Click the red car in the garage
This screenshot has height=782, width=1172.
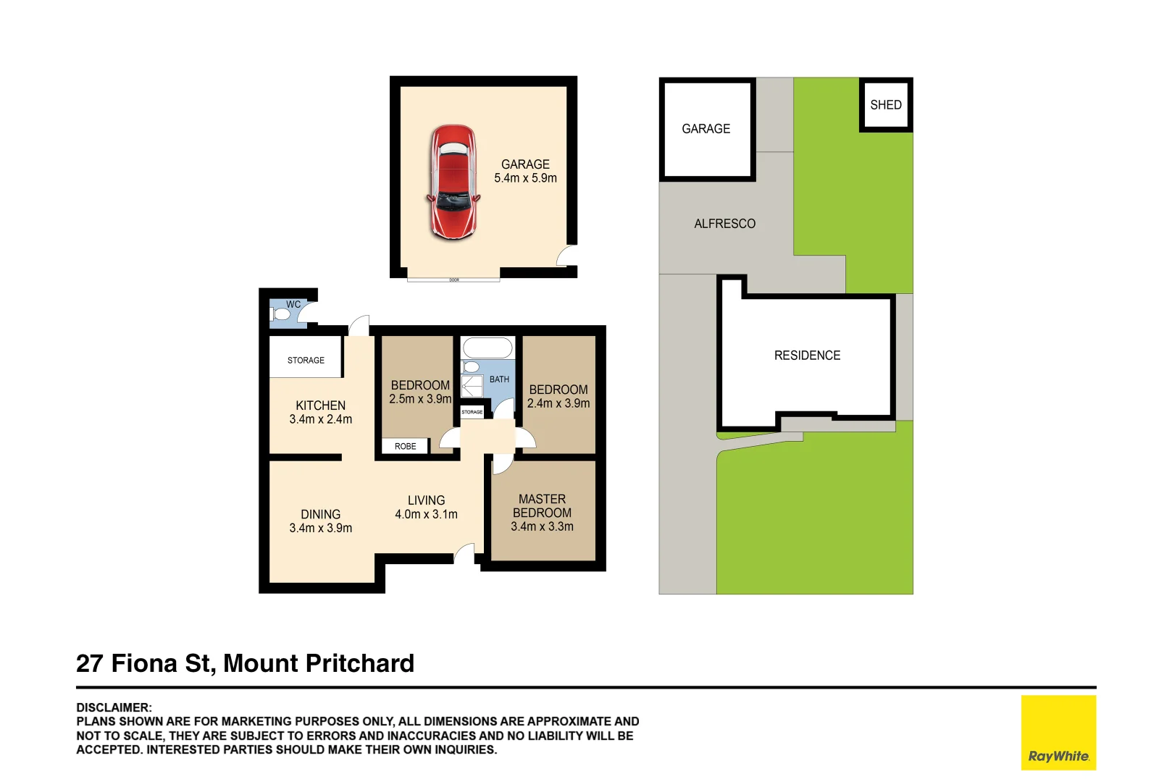coord(453,182)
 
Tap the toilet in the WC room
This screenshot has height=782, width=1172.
coord(280,314)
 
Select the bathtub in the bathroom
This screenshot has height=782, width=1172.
coord(487,348)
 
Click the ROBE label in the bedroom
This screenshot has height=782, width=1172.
coord(406,446)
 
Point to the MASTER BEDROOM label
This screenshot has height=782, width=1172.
coord(542,506)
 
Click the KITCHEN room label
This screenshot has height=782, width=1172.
coord(320,405)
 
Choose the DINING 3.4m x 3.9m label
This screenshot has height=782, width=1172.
coord(320,521)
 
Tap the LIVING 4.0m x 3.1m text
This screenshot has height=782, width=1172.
coord(426,508)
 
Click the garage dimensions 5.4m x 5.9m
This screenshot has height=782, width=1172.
coord(525,178)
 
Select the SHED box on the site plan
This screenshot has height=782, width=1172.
coord(886,105)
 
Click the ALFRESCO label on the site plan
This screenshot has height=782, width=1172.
coord(724,224)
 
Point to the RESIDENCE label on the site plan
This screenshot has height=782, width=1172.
coord(807,356)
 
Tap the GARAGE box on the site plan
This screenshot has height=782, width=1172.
coord(707,129)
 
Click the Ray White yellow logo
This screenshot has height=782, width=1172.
coord(1058,732)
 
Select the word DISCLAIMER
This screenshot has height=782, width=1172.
coord(114,707)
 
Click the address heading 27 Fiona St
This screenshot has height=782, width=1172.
coord(245,663)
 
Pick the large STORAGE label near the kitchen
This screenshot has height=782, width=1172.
coord(306,360)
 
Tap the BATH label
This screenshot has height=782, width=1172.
coord(499,379)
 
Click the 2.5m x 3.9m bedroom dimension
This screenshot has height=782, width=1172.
coord(420,399)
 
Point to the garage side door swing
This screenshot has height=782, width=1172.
coord(566,256)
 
